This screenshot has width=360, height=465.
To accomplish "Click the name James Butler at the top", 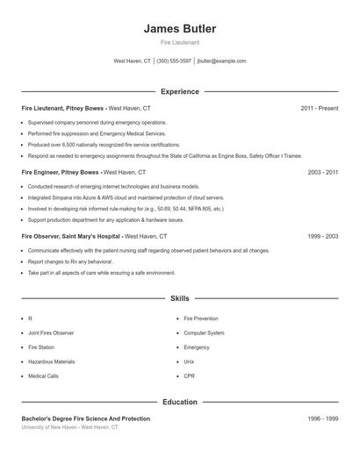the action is [x=180, y=29].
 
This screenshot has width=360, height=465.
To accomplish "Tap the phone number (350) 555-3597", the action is [x=174, y=61].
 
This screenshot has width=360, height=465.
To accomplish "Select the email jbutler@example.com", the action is [x=222, y=61].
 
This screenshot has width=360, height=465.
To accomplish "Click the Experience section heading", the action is [x=180, y=91].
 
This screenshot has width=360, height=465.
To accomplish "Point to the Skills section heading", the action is [x=180, y=299].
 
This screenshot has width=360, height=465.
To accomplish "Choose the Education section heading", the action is [x=180, y=402].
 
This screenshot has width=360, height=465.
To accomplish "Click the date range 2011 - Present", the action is [x=319, y=108].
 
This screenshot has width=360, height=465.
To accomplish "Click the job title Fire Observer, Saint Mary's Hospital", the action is [x=71, y=237].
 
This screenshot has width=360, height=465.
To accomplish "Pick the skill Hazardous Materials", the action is [x=52, y=361].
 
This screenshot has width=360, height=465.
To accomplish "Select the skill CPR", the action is [x=190, y=376].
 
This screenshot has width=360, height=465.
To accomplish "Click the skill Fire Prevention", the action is [x=201, y=319].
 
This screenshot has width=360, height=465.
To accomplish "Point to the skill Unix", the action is [x=190, y=361].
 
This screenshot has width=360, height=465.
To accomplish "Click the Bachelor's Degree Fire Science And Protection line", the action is [x=86, y=419].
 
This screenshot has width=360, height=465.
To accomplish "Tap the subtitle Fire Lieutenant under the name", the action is [x=180, y=43].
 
